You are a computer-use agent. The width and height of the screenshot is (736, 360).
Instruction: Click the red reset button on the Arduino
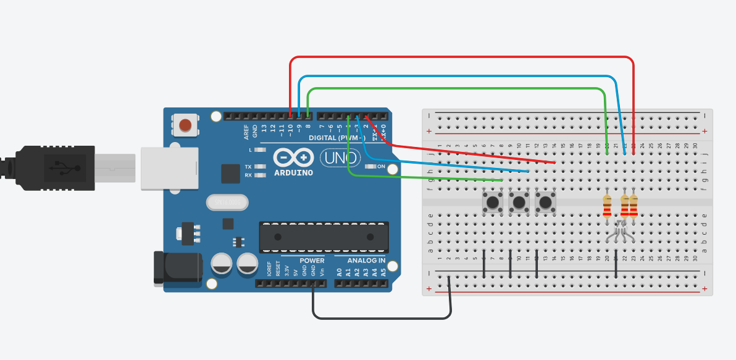click(x=185, y=125)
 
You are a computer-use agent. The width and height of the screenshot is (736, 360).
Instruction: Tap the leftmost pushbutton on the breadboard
click(x=493, y=201)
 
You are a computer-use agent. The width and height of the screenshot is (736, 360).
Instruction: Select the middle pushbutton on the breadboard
click(x=519, y=201)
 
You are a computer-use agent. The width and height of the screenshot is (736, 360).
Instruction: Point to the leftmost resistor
click(x=607, y=206)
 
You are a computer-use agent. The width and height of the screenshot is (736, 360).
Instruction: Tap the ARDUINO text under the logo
click(x=293, y=172)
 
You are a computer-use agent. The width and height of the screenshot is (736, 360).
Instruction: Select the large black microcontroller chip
click(x=325, y=237)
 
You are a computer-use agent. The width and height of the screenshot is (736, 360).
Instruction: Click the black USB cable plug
click(x=56, y=167)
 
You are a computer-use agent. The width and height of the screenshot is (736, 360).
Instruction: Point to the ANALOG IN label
click(x=362, y=261)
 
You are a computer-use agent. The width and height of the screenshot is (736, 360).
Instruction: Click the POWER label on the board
click(x=312, y=261)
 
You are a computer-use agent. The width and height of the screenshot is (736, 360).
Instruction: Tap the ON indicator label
click(x=381, y=167)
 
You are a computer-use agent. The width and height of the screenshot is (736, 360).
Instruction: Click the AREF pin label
click(x=246, y=132)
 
